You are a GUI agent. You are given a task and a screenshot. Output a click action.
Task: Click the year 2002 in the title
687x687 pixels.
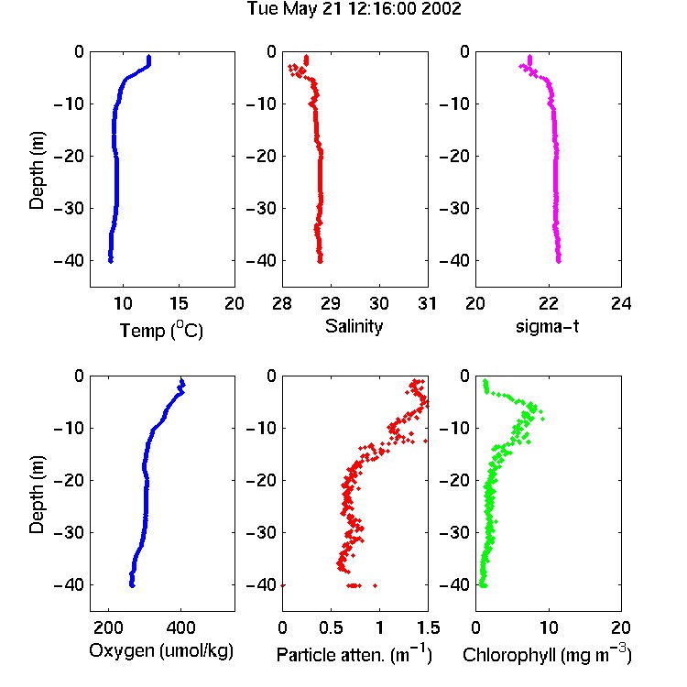pyautogui.click(x=442, y=8)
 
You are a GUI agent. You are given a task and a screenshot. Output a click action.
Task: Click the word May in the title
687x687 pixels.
pyautogui.click(x=301, y=9)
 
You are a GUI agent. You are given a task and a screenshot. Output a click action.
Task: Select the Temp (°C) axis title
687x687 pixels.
pyautogui.click(x=161, y=330)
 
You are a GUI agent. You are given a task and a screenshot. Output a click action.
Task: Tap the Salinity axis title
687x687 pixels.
pyautogui.click(x=354, y=326)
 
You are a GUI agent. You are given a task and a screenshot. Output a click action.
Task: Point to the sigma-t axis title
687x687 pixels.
pyautogui.click(x=547, y=326)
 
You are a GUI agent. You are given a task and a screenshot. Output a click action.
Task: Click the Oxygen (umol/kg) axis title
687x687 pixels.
pyautogui.click(x=161, y=651)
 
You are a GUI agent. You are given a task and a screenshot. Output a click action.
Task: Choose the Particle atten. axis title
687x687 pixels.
pyautogui.click(x=354, y=654)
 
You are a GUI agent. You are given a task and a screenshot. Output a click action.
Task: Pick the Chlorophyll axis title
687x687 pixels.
pyautogui.click(x=547, y=654)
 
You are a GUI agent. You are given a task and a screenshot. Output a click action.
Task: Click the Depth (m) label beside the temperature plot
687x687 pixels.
pyautogui.click(x=37, y=170)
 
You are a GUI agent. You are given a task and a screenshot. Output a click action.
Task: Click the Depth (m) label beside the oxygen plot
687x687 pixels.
pyautogui.click(x=37, y=495)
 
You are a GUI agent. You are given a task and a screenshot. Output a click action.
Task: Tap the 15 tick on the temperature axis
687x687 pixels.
pyautogui.click(x=179, y=303)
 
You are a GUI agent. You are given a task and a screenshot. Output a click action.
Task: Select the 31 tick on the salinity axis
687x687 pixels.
pyautogui.click(x=427, y=303)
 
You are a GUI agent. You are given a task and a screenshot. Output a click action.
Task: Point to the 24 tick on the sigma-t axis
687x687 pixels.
pyautogui.click(x=621, y=303)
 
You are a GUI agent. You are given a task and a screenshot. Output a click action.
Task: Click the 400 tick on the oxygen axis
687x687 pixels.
pyautogui.click(x=180, y=627)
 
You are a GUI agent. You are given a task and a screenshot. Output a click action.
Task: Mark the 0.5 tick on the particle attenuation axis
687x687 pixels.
pyautogui.click(x=331, y=627)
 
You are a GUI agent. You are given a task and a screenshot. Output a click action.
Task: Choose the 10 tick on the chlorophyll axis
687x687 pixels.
pyautogui.click(x=549, y=627)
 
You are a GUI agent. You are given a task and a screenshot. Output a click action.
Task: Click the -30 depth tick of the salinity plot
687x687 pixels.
pyautogui.click(x=262, y=208)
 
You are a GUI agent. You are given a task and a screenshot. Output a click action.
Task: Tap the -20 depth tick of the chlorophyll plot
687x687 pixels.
pyautogui.click(x=454, y=480)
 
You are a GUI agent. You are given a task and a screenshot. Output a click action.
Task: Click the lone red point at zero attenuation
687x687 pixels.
pyautogui.click(x=283, y=585)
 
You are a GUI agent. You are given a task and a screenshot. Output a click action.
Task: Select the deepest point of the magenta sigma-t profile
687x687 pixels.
pyautogui.click(x=559, y=261)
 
